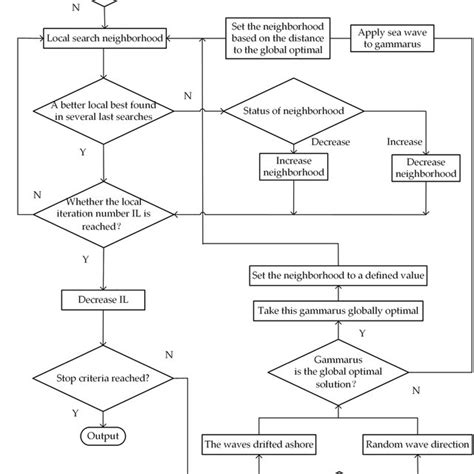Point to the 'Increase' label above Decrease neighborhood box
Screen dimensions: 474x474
tap(404, 142)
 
